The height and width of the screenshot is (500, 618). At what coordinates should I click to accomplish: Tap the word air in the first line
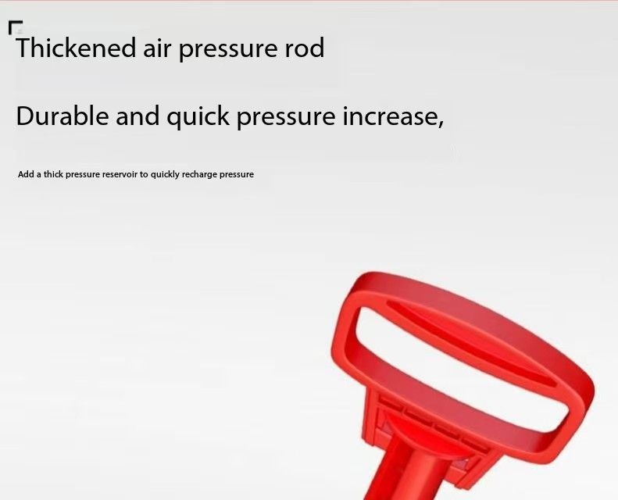point(157,48)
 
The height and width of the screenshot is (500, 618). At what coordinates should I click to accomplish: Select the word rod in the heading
point(304,48)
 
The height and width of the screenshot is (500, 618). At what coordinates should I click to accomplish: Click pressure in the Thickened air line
point(228,50)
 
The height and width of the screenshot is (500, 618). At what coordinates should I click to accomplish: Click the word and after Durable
point(138,116)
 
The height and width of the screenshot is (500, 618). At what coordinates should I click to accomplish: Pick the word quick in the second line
point(198,117)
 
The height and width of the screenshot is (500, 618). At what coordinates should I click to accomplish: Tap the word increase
point(389,116)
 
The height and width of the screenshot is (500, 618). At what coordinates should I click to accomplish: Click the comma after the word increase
point(441,124)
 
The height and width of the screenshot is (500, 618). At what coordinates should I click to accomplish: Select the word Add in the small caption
point(26,174)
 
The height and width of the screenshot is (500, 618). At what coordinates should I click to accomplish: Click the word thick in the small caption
point(53,174)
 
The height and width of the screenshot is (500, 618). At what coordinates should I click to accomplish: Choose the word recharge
point(199,175)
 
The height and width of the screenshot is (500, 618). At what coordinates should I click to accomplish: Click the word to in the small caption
point(144,174)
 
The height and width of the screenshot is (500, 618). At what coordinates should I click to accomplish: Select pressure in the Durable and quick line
point(286,118)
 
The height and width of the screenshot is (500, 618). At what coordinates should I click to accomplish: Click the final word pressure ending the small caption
point(237,175)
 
